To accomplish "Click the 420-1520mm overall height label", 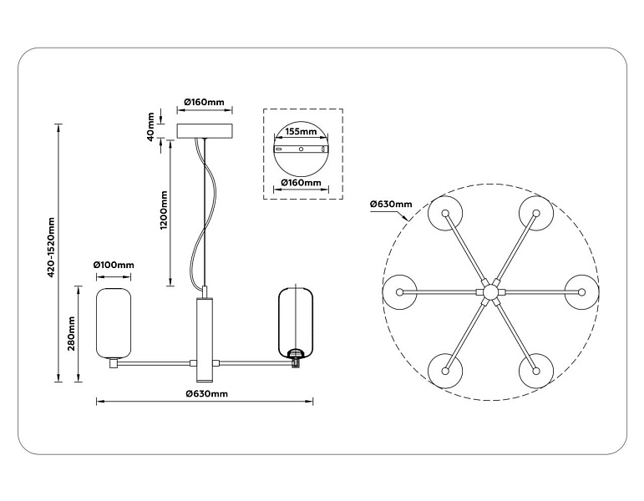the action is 51,247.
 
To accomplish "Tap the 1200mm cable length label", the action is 164,210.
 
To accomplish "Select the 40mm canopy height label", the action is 150,126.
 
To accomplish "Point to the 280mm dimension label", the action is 72,333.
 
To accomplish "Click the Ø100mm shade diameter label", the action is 114,265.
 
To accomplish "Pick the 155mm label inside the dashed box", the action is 302,131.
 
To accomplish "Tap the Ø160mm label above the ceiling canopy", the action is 204,102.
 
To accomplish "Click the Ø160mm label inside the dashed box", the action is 301,182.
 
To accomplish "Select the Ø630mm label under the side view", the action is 206,394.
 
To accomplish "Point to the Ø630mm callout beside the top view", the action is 391,204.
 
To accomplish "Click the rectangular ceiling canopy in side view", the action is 205,130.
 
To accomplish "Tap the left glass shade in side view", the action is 114,323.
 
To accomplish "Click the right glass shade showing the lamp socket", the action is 296,322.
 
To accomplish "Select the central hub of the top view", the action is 490,292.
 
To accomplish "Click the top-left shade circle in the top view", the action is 445,213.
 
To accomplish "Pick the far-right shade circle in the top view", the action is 581,292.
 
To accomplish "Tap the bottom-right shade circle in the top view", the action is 535,371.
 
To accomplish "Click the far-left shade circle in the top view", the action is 399,292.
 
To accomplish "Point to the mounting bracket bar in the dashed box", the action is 301,149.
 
